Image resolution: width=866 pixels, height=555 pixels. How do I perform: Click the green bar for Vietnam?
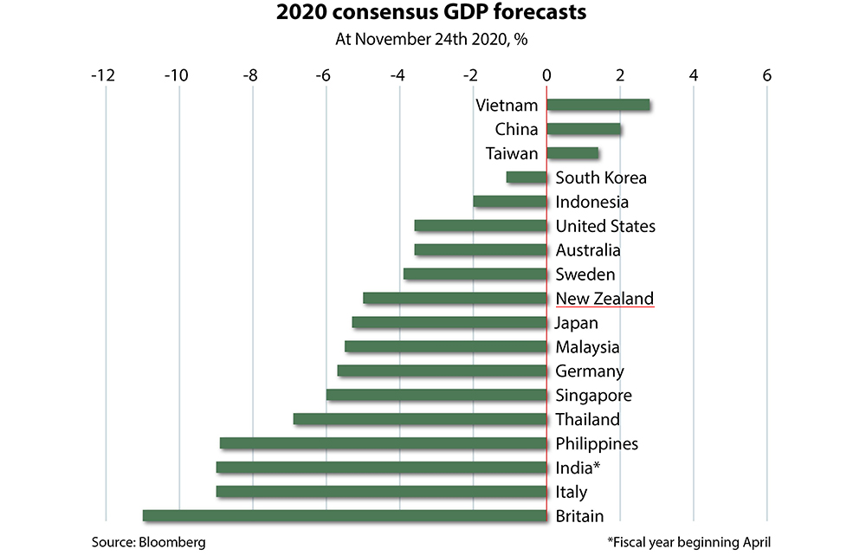click(x=598, y=105)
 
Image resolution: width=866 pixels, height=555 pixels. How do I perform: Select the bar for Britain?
click(x=345, y=516)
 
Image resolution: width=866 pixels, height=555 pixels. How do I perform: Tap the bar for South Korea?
click(x=527, y=177)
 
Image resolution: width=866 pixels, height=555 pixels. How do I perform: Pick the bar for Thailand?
click(x=420, y=419)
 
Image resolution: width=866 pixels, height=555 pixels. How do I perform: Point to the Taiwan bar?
click(x=572, y=153)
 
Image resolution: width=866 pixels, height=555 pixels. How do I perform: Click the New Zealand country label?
click(x=604, y=298)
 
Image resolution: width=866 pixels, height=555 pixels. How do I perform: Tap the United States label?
click(x=605, y=226)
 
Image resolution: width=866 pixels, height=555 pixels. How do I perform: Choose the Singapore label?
click(x=593, y=395)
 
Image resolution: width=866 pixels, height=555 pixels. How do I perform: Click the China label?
click(x=517, y=129)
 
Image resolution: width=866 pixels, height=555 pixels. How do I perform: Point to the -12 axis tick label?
click(x=103, y=75)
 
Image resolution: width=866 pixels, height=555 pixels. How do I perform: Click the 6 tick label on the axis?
click(x=767, y=75)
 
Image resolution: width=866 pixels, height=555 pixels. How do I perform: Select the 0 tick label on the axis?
click(x=546, y=75)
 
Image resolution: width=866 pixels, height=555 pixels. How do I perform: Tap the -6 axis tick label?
click(x=324, y=75)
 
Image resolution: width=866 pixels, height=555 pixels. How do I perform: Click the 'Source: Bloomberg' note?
click(x=149, y=542)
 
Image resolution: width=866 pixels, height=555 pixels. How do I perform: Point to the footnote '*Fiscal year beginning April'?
click(x=688, y=542)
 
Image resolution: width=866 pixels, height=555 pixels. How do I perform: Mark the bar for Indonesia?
click(x=510, y=202)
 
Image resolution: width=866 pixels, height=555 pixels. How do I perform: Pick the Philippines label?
click(x=597, y=443)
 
